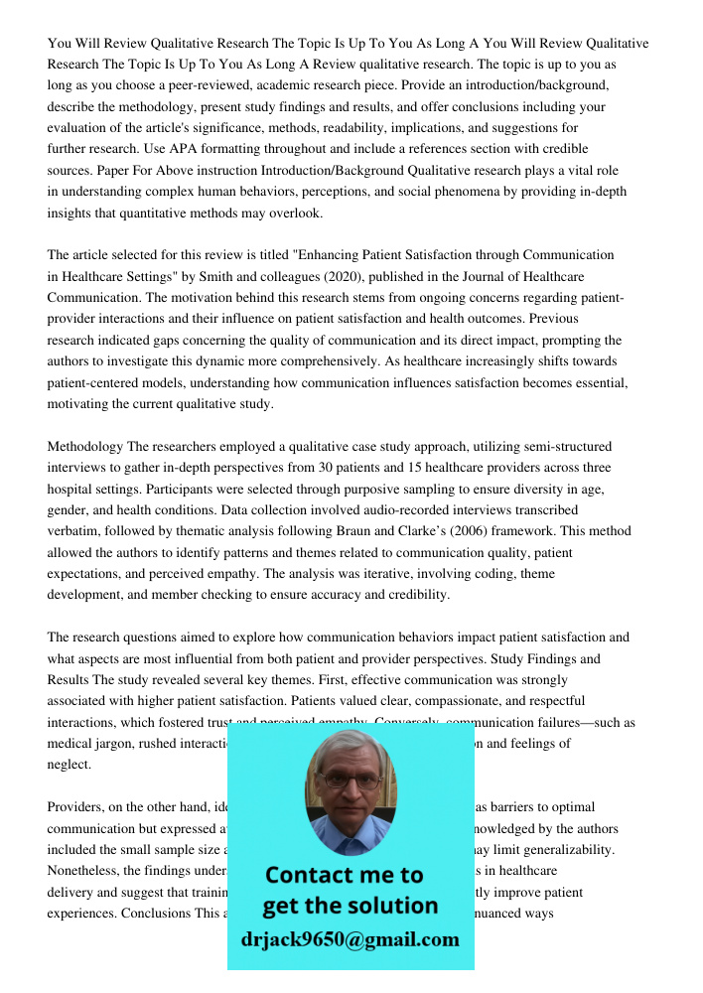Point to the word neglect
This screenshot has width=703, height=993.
coord(70,765)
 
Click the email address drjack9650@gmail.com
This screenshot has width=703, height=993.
coord(350,939)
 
